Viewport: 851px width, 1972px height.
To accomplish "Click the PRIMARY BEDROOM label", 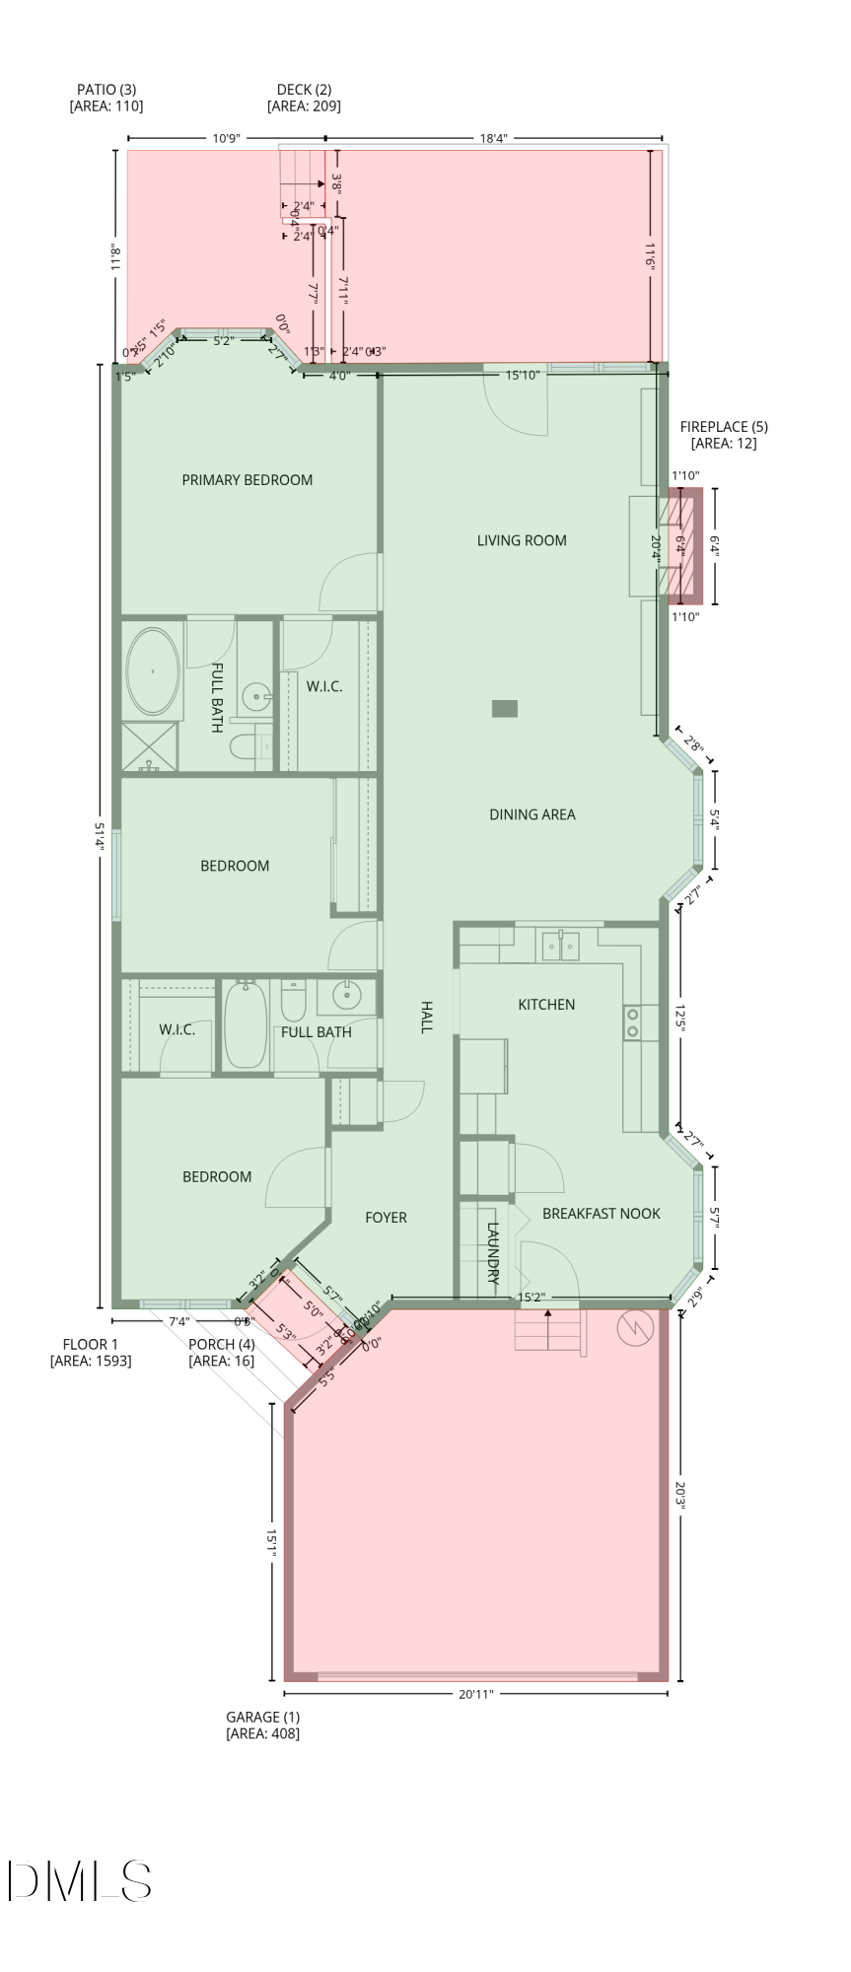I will [247, 480].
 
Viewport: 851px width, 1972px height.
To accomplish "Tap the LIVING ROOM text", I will [522, 540].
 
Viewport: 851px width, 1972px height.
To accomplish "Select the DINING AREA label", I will [532, 814].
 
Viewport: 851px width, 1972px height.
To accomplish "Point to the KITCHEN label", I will [546, 1005].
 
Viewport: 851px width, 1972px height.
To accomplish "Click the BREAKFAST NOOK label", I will [602, 1214].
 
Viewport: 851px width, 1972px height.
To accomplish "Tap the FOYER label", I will [386, 1218].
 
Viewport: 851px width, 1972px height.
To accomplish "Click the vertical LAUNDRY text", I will [494, 1252].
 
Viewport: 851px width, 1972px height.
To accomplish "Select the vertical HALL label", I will [426, 1017].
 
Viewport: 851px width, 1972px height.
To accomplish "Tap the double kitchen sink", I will [560, 947].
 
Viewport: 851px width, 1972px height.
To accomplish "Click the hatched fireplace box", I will [682, 546].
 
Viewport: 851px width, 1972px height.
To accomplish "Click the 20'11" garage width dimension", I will [475, 1694].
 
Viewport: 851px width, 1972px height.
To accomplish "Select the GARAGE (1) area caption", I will [262, 1725].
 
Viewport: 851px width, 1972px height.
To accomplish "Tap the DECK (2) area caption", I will [304, 98].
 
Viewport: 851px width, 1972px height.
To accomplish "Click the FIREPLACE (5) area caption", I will [724, 435].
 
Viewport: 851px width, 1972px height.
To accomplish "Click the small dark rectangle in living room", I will [505, 708].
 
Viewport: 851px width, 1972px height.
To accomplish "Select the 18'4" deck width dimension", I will [493, 138].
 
